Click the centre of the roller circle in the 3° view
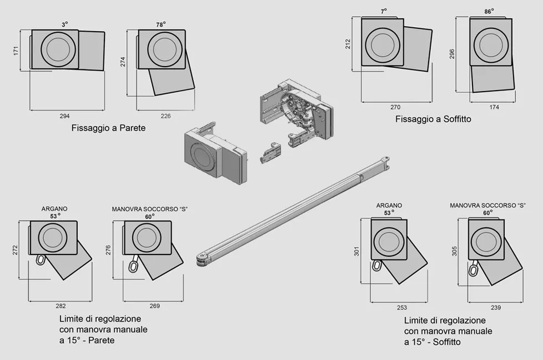tap(58, 49)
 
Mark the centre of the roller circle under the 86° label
tap(491, 46)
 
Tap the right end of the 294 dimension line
tap(104, 110)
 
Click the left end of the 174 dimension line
tap(470, 102)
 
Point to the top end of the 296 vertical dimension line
tap(456, 17)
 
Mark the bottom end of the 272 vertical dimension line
tap(19, 279)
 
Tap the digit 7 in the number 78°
tap(158, 25)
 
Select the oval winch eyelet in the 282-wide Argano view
tap(41, 259)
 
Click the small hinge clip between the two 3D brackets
tap(270, 152)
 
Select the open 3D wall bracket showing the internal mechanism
tap(297, 113)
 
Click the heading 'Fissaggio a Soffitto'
tap(433, 119)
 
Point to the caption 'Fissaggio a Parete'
tap(108, 128)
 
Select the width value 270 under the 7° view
tap(395, 107)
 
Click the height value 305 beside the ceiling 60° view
tap(454, 251)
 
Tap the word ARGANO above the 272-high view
tap(54, 209)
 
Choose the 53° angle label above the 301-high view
tap(389, 213)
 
